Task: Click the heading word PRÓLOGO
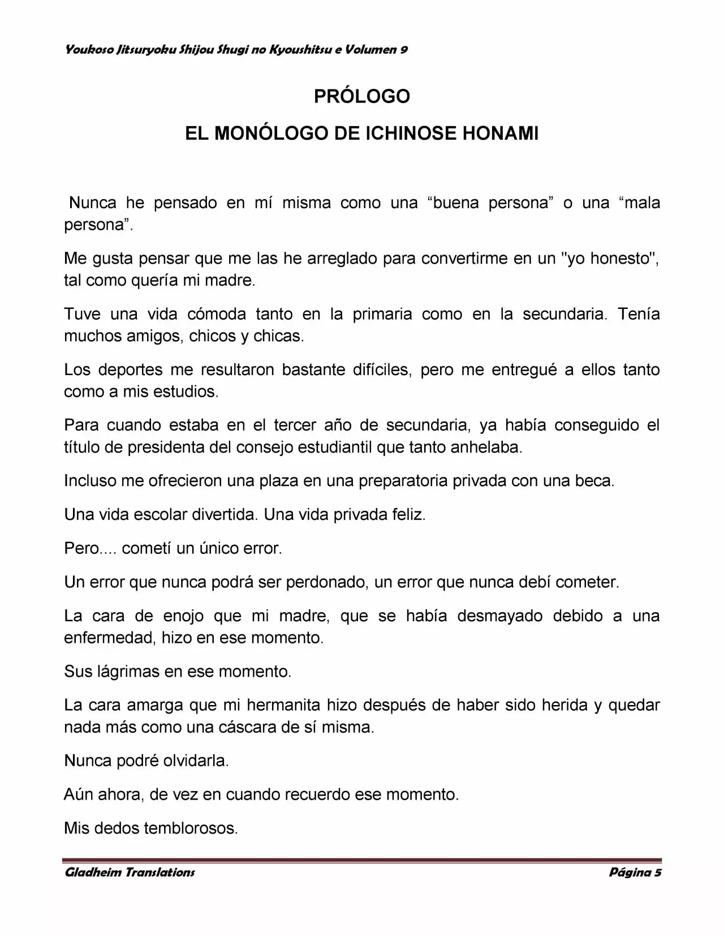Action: point(362,97)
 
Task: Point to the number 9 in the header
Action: point(404,50)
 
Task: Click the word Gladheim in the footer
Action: point(92,872)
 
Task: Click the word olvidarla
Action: point(195,761)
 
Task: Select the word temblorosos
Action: point(191,828)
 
